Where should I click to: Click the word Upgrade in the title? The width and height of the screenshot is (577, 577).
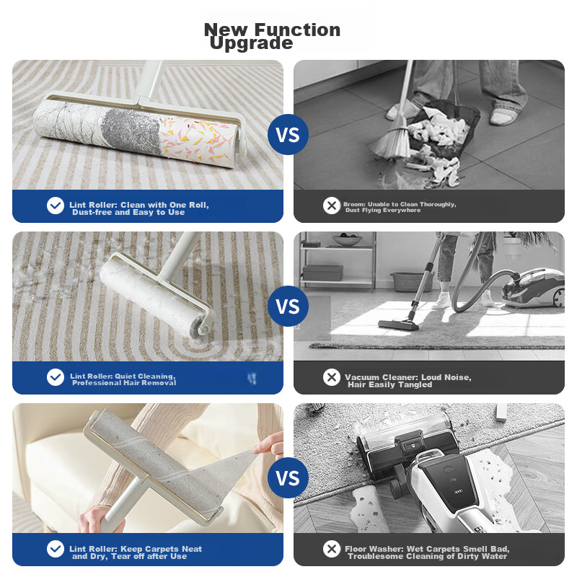tap(251, 43)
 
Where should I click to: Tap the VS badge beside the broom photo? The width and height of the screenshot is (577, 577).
tap(288, 134)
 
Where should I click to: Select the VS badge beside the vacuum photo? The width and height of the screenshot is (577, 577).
tap(288, 306)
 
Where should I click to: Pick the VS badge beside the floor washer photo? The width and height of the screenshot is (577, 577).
tap(288, 478)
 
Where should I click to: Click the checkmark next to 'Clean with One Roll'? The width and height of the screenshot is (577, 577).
tap(56, 206)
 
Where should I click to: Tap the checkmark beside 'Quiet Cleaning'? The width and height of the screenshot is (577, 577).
tap(56, 377)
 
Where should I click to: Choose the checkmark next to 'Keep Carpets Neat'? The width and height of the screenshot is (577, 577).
tap(56, 549)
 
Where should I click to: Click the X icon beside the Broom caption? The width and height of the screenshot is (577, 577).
tap(332, 206)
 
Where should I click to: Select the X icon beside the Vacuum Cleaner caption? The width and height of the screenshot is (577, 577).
tap(332, 377)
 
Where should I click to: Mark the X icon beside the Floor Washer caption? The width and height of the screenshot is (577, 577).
tap(332, 549)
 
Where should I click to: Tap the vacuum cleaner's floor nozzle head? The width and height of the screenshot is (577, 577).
tap(399, 324)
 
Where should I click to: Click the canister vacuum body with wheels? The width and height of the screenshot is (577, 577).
tap(534, 288)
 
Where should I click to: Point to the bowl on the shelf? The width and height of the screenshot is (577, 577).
tap(347, 241)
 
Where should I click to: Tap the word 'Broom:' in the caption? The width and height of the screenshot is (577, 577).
tap(354, 204)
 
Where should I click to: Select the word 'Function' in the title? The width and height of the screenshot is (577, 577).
tap(297, 30)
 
